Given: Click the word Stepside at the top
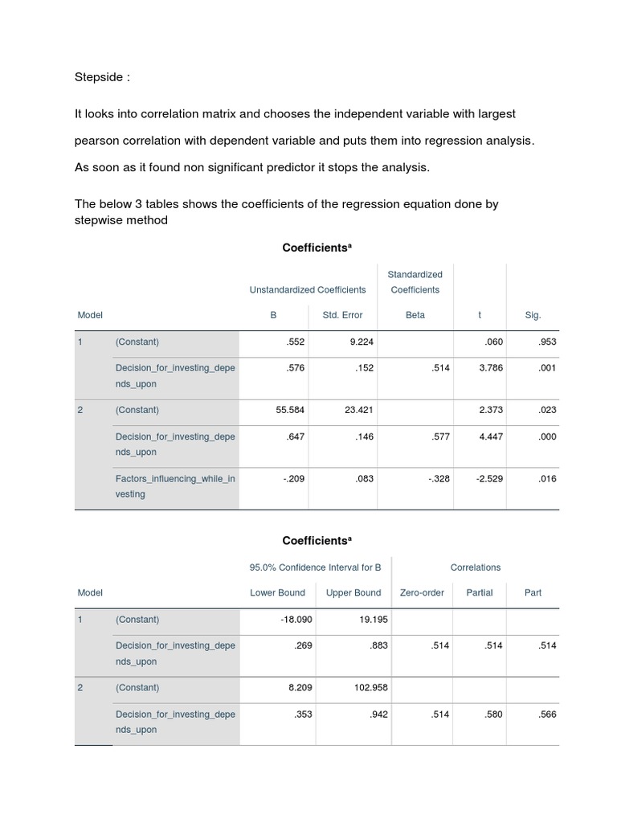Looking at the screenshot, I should tap(98, 77).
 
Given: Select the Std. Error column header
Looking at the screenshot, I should tap(342, 315).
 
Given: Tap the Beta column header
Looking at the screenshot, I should tap(415, 315).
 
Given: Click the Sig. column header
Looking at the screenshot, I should tap(533, 315).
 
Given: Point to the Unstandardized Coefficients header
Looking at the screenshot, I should tap(308, 289).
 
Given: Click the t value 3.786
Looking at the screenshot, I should tap(490, 368).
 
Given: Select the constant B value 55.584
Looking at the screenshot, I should tap(290, 410).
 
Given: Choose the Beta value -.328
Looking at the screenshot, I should tap(439, 479).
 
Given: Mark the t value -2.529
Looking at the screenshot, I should tap(488, 479).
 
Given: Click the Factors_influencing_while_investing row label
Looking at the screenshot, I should tap(175, 486).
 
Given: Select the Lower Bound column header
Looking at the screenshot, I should tap(278, 592).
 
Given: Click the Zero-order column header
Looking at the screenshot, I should tap(422, 592).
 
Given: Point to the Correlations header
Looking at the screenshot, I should tap(476, 567).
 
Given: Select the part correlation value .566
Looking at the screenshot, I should tap(545, 714).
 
